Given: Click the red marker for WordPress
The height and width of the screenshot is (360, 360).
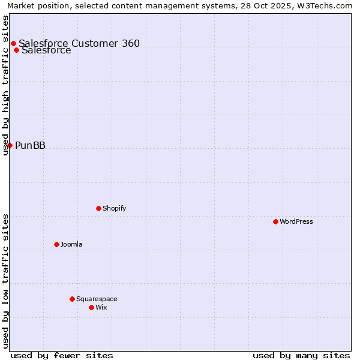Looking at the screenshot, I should click(x=275, y=221).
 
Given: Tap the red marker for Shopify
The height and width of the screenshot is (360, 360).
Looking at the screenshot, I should click(x=98, y=208).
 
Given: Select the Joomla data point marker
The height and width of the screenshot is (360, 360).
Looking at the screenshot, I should click(x=56, y=244).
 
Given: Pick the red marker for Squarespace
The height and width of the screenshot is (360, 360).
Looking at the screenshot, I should click(x=72, y=299).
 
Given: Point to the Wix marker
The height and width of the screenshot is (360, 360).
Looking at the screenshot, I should click(x=91, y=307).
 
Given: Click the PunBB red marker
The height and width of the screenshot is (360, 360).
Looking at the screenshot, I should click(x=10, y=145).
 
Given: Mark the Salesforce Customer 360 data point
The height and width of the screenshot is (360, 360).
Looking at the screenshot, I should click(x=13, y=43).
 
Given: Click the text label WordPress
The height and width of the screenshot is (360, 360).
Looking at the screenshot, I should click(x=296, y=221).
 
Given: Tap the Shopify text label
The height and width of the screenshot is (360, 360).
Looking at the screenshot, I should click(x=114, y=208).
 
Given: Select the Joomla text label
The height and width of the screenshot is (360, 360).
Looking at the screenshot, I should click(x=71, y=244).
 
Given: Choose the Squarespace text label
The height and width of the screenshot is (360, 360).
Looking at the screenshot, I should click(x=97, y=299).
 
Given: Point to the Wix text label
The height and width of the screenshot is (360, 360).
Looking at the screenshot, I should click(x=101, y=307).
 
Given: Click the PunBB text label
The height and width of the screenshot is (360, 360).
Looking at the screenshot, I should click(x=30, y=145).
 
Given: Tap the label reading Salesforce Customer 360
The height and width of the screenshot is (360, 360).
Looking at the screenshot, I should click(x=79, y=43).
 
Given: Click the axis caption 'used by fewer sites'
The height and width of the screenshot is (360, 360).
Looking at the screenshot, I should click(x=62, y=355).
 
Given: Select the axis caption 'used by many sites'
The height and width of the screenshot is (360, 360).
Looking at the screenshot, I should click(x=301, y=355).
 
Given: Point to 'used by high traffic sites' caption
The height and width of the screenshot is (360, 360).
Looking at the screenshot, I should click(x=5, y=85).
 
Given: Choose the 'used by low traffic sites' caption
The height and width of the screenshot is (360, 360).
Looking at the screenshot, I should click(x=5, y=281).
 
